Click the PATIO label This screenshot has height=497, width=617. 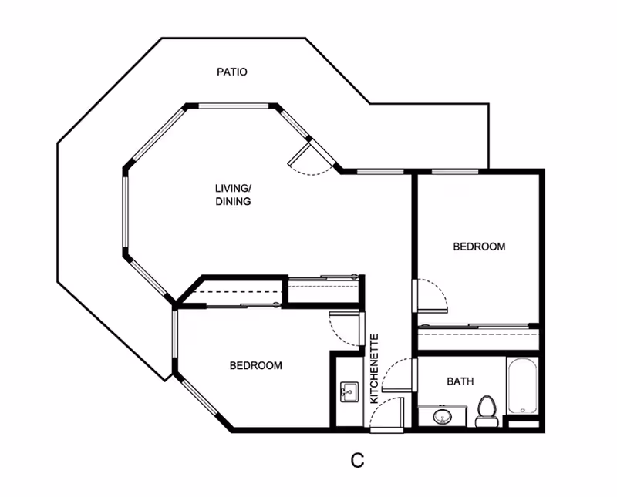pos(232,72)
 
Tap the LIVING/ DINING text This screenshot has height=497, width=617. pos(234,195)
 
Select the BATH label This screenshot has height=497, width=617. pos(460,381)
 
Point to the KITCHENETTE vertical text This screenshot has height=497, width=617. pos(375,368)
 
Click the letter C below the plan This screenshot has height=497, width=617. pos(357,460)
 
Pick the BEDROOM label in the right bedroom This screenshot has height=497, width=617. pos(479,247)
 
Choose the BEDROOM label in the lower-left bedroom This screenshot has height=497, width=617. pos(256,366)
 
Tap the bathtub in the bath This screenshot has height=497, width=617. pos(523,386)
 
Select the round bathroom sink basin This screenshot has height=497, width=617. pos(443,416)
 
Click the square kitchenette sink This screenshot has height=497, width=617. pos(349,391)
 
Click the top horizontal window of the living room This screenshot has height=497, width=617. pos(233,106)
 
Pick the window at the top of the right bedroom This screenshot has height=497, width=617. pos(455,171)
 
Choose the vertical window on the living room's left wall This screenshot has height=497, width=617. pos(126,212)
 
